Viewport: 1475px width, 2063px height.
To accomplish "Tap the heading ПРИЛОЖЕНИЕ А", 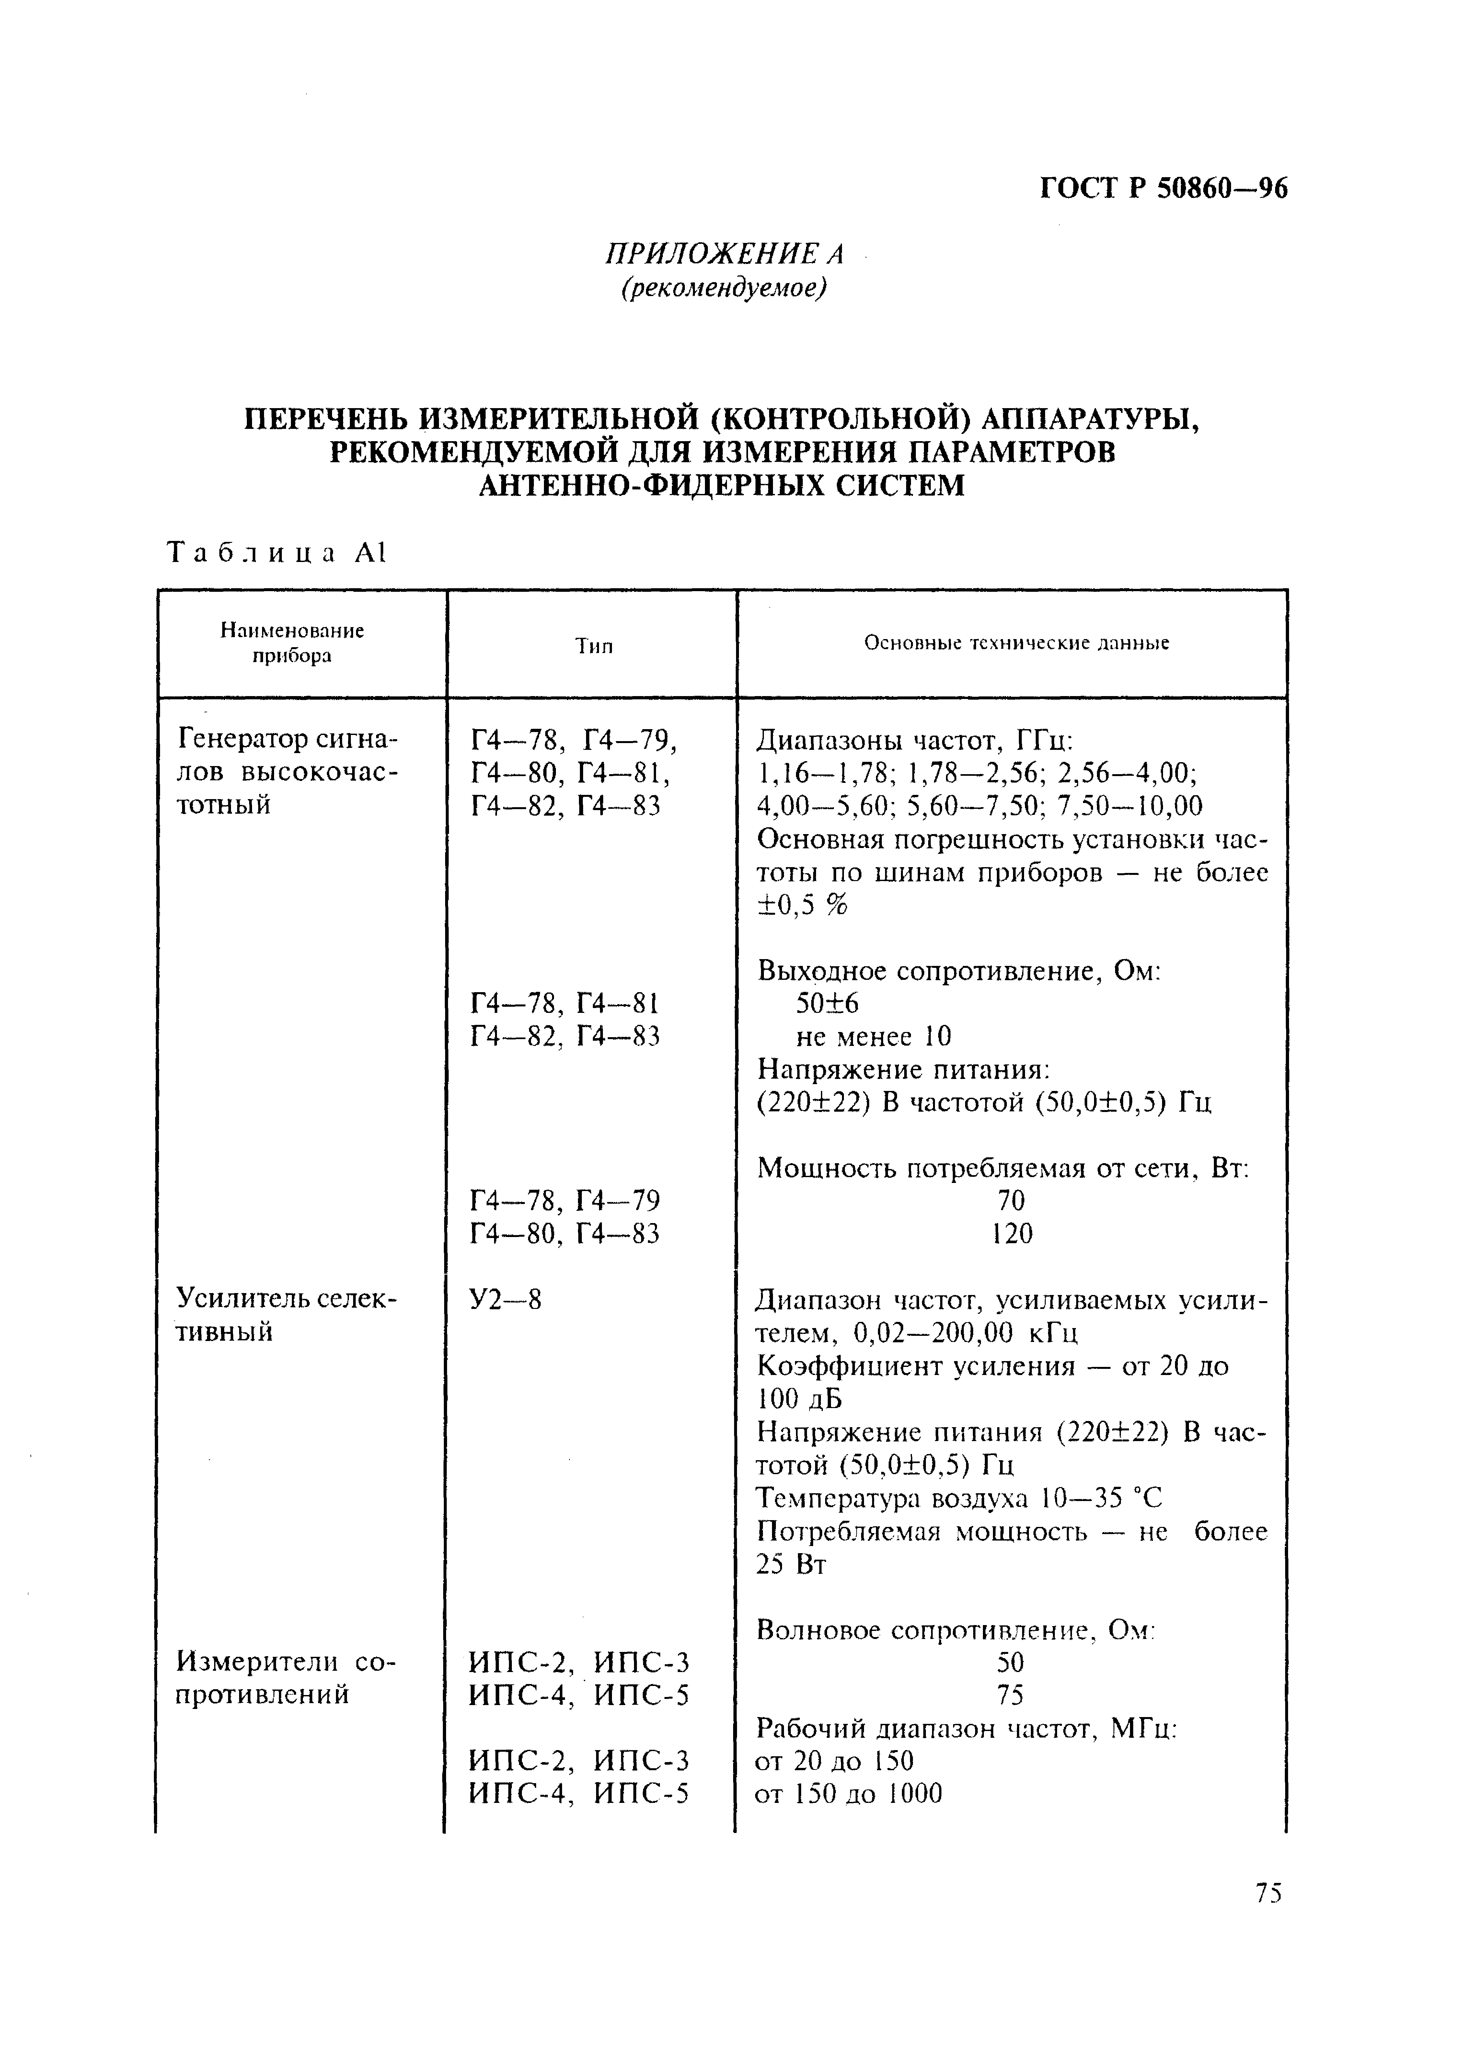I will point(724,254).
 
